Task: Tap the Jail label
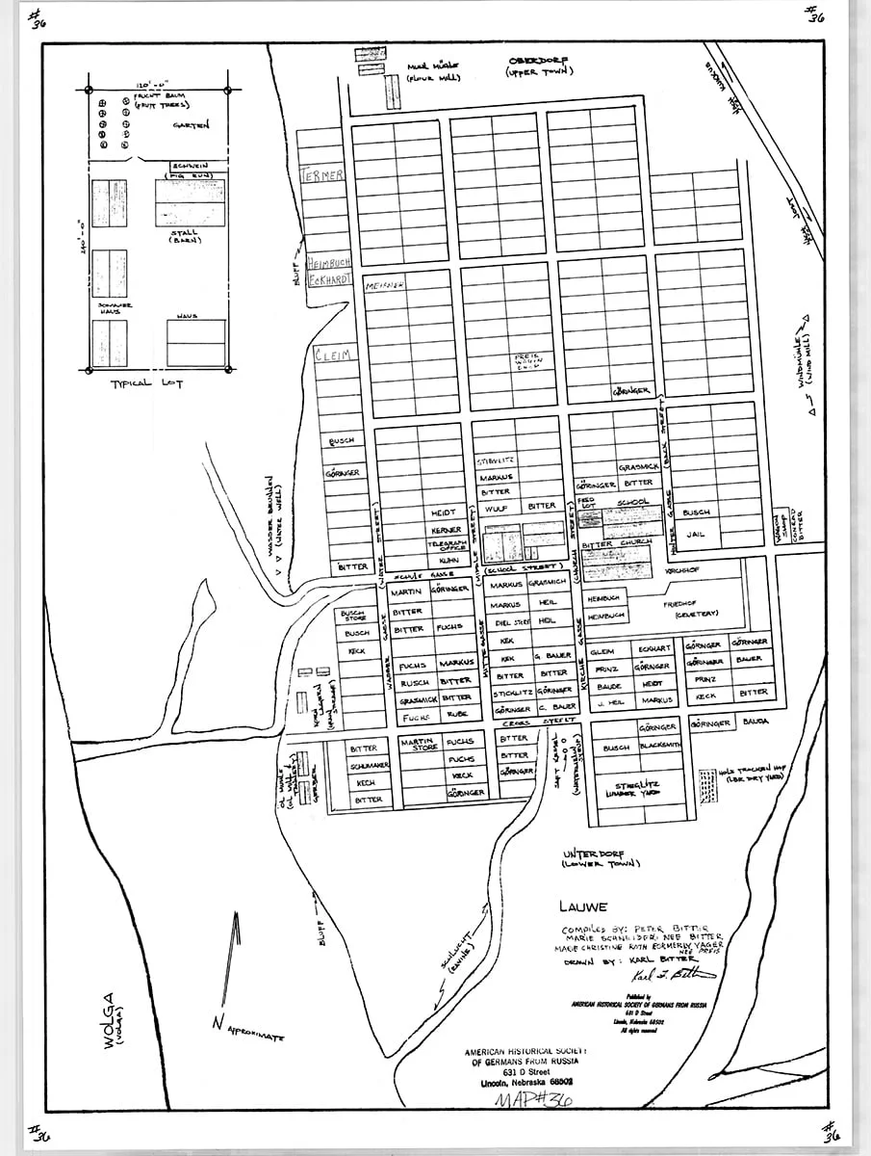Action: pos(695,529)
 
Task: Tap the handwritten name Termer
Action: pos(322,175)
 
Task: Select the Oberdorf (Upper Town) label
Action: pos(541,66)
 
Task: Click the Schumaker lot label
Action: pos(369,765)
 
